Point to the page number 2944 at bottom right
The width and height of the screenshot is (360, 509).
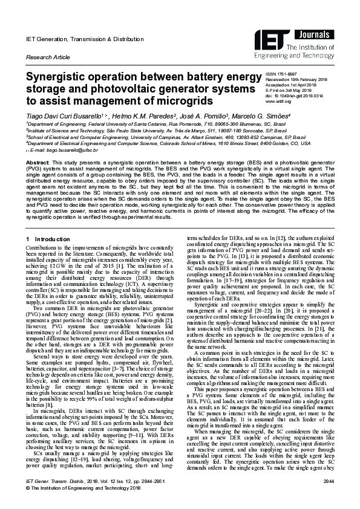click(329, 491)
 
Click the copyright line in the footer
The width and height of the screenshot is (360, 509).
click(82, 497)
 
